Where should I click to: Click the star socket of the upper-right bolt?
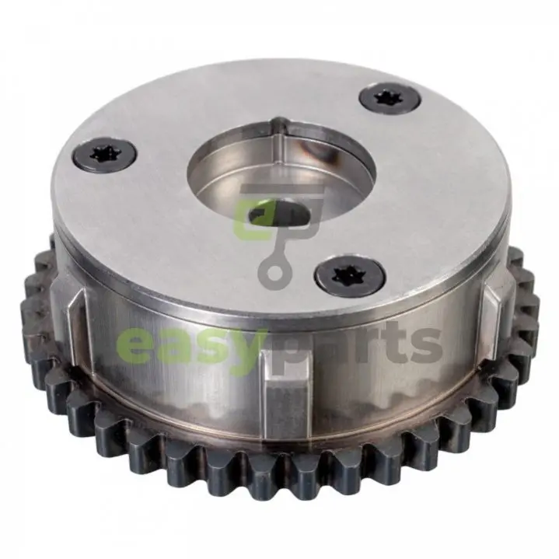[x=390, y=96]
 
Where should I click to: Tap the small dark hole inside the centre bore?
[x=279, y=214]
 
